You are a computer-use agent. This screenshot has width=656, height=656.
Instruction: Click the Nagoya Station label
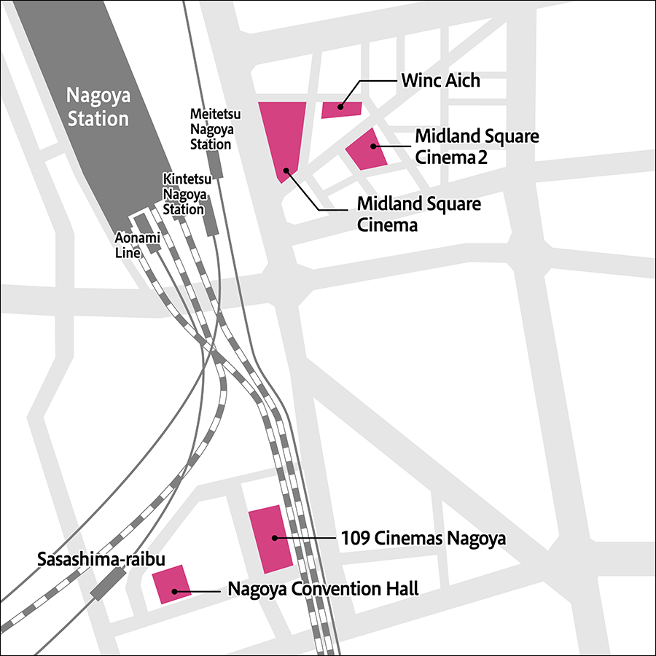click(x=97, y=106)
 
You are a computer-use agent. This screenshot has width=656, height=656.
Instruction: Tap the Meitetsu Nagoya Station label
click(x=211, y=129)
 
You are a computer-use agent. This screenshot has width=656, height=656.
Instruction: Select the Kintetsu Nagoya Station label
click(x=184, y=194)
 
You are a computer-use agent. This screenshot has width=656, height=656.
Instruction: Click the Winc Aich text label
click(x=440, y=80)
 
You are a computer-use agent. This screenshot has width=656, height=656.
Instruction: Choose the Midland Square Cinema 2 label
click(x=477, y=147)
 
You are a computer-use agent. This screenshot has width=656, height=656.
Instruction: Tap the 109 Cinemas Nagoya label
click(x=423, y=539)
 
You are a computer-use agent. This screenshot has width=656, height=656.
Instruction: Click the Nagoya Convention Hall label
click(x=323, y=588)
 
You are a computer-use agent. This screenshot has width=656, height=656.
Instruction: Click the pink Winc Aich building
click(x=341, y=109)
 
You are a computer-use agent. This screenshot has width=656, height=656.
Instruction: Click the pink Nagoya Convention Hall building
click(x=171, y=585)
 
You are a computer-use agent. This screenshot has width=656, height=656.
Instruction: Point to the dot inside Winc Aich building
click(x=340, y=106)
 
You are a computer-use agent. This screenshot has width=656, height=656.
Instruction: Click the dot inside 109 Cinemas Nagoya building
click(x=274, y=538)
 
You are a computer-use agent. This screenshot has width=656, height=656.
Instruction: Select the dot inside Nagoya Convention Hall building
click(x=173, y=590)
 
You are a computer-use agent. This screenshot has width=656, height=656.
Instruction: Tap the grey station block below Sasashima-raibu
click(x=108, y=583)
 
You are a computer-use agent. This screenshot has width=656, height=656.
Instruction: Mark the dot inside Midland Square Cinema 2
click(x=373, y=146)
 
